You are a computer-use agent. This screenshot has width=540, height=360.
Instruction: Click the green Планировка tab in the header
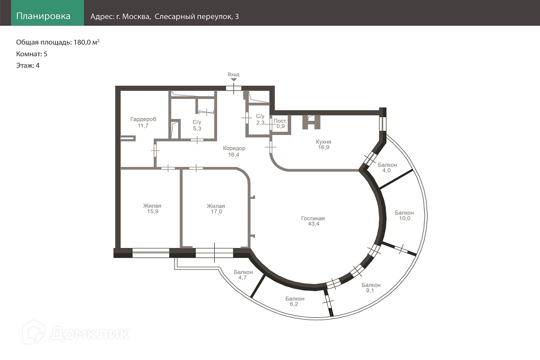(47, 13)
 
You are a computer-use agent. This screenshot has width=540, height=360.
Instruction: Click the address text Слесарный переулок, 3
(197, 16)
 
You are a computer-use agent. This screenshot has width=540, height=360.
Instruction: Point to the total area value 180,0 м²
(87, 42)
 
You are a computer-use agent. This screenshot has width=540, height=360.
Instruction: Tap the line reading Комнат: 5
(32, 54)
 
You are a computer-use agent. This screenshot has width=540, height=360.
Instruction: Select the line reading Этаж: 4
(28, 66)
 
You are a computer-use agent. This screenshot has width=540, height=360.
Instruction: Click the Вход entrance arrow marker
(233, 80)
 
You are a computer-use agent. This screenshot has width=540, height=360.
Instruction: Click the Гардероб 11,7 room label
(143, 122)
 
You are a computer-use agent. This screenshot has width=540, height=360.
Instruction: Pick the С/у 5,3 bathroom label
(197, 126)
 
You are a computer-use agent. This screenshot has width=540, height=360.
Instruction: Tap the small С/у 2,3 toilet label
(260, 119)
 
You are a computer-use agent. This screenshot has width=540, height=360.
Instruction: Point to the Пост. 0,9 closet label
(280, 124)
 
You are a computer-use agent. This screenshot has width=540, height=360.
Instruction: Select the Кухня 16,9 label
(324, 144)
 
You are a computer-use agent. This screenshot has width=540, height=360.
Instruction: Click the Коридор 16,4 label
(234, 151)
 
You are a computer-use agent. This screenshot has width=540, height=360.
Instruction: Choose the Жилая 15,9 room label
(152, 209)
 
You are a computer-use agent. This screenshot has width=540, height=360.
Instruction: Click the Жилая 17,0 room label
(216, 209)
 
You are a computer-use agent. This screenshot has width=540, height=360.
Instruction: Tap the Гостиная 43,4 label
(313, 221)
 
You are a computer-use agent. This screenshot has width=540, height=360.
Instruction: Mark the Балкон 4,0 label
(387, 167)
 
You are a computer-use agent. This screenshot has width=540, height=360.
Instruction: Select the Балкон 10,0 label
(405, 215)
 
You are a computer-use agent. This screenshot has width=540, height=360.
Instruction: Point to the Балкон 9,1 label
(371, 288)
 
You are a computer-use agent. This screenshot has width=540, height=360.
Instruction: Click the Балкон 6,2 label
(295, 301)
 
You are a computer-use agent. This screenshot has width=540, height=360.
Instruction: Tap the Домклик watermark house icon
(34, 332)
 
